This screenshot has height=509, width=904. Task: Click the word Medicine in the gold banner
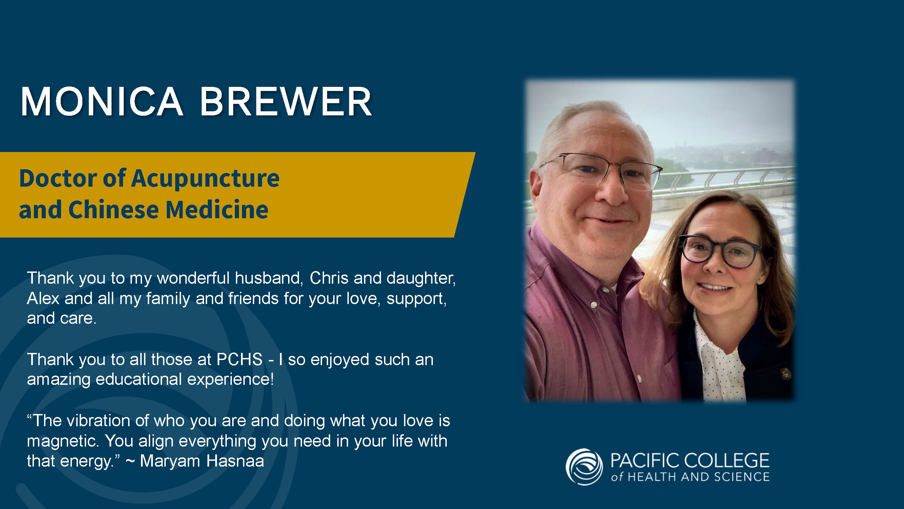[x=217, y=210]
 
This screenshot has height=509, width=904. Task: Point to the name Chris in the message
[x=329, y=278]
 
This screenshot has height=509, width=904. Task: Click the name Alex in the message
[x=43, y=298]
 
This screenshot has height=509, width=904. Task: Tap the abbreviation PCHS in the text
[x=239, y=359]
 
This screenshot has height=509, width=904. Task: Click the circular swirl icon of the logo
[x=584, y=467]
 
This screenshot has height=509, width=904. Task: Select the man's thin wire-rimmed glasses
[x=601, y=171]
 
